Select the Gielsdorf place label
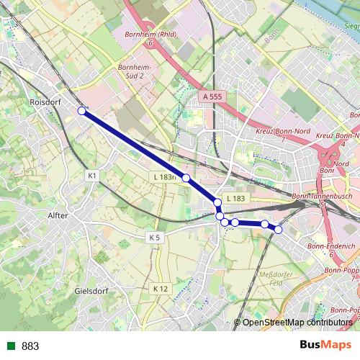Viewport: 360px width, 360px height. [x=91, y=292]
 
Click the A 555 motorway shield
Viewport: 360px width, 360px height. [x=212, y=96]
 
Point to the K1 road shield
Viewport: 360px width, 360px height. [x=91, y=175]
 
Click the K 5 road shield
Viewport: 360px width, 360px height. [x=153, y=236]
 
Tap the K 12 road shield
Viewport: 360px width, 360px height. [x=160, y=288]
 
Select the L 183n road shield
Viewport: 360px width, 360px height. [x=165, y=176]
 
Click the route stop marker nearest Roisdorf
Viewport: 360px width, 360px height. [x=82, y=110]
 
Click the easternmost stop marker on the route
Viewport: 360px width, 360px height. [x=279, y=229]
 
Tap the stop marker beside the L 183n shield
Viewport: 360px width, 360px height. [x=186, y=178]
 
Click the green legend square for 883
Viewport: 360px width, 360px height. [x=9, y=346]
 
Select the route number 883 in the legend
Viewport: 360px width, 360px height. [x=30, y=346]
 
